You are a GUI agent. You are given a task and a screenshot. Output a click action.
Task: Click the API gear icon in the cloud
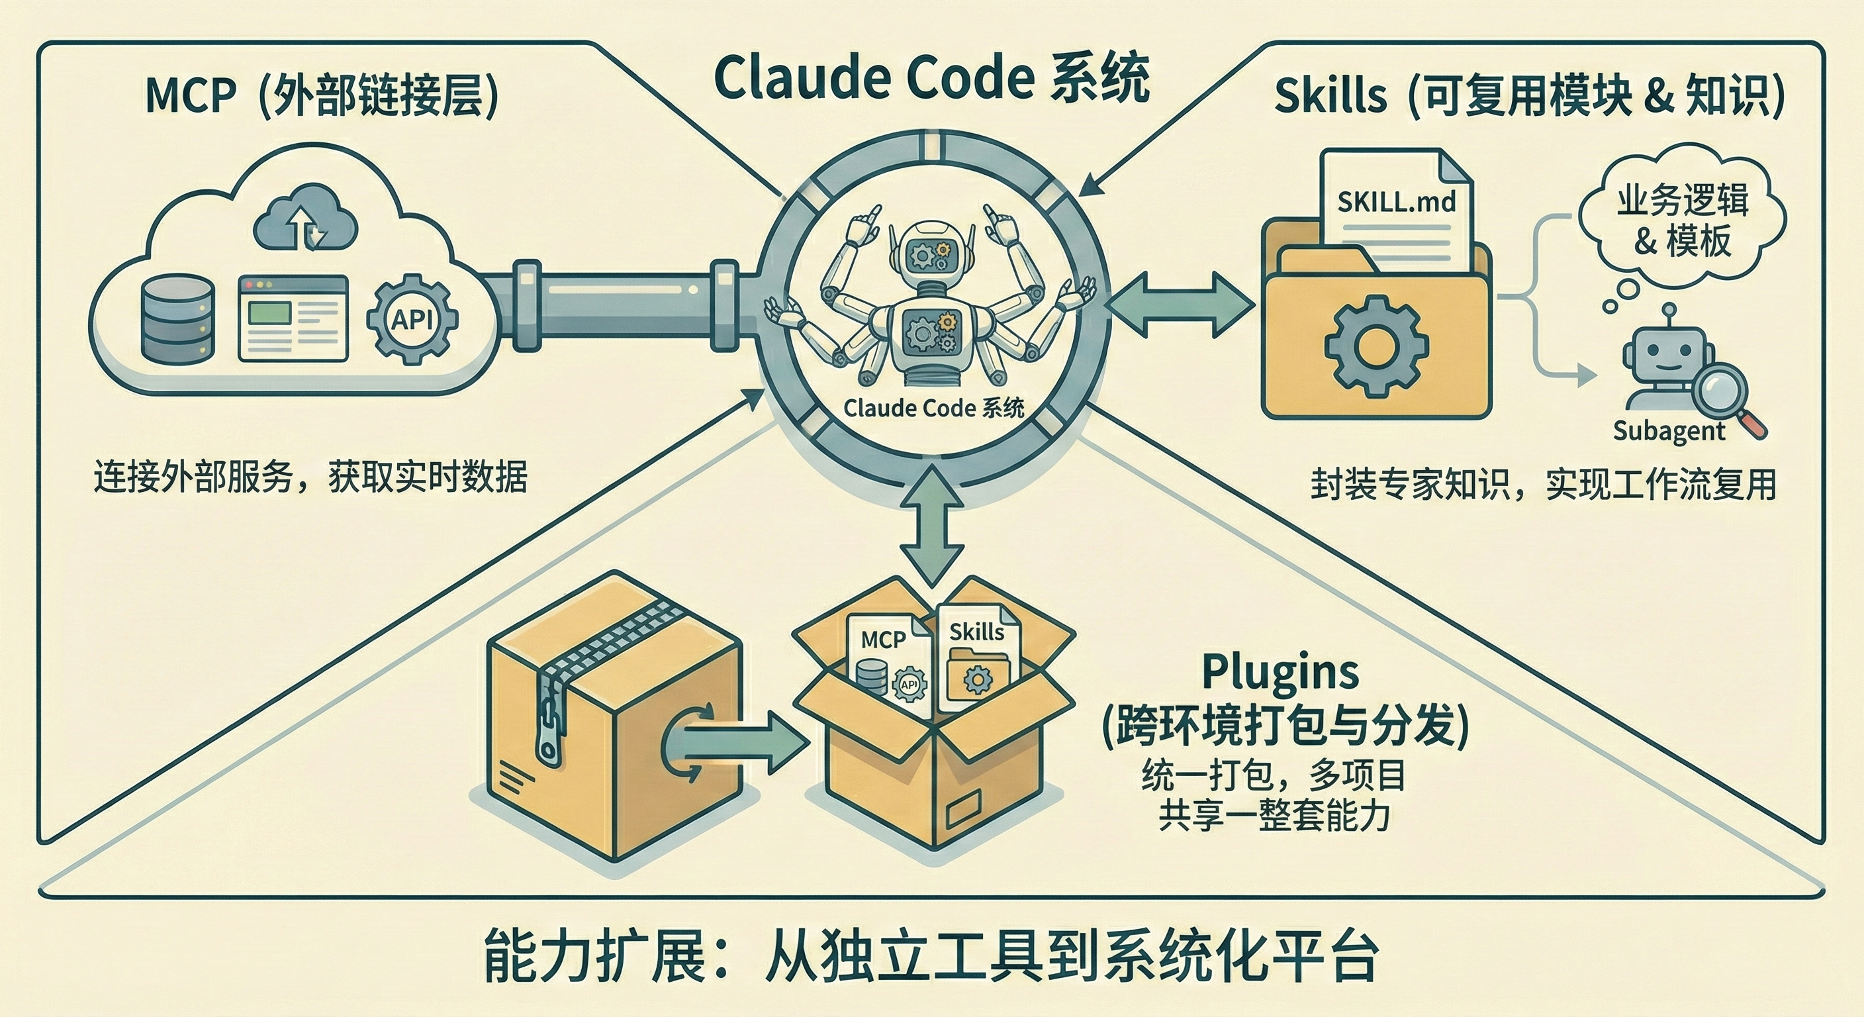(x=412, y=319)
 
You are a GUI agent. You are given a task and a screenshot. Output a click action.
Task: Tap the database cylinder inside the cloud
(x=177, y=319)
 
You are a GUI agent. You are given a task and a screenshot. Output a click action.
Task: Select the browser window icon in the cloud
(x=293, y=319)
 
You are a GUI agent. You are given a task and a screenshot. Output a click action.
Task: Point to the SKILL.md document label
(x=1396, y=201)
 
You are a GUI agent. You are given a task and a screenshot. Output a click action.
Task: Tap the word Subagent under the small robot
(x=1669, y=432)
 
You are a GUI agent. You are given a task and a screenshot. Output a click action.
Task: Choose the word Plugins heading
(x=1280, y=672)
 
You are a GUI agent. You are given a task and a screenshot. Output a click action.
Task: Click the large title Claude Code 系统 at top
(x=931, y=78)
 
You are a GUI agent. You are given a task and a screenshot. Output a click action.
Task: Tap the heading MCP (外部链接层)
(x=322, y=95)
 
